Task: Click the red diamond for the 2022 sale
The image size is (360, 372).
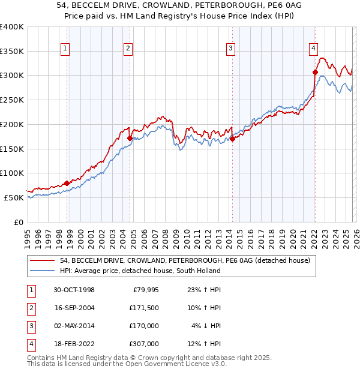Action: coord(314,72)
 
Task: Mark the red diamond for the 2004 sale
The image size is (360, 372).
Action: coord(130,138)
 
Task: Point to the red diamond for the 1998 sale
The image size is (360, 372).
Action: coord(67,183)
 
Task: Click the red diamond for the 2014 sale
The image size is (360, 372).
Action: coord(232,139)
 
